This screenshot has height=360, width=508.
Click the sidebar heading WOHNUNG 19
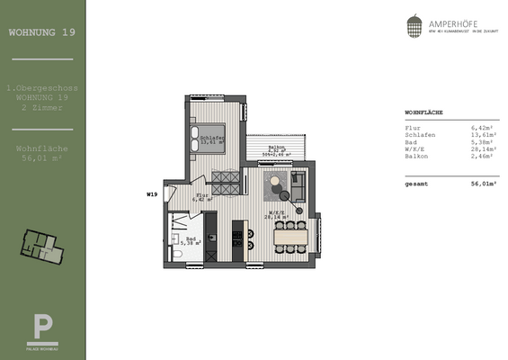42,33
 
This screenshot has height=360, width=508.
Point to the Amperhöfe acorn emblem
414,26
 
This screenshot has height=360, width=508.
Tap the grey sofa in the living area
299,188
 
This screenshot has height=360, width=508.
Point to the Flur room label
202,195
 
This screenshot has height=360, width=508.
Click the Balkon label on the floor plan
278,148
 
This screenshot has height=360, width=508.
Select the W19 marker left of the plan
152,193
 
